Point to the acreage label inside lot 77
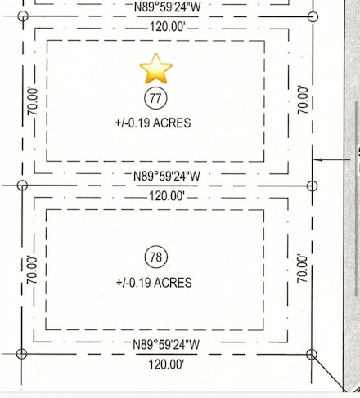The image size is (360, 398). click(x=155, y=123)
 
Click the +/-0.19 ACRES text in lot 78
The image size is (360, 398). click(x=155, y=283)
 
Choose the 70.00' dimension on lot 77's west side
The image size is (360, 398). click(x=34, y=101)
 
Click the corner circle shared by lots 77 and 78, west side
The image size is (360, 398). click(x=22, y=186)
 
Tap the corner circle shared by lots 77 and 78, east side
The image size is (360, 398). click(x=311, y=186)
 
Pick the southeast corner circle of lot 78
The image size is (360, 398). click(x=311, y=354)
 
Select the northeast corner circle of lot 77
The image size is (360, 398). click(x=311, y=16)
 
